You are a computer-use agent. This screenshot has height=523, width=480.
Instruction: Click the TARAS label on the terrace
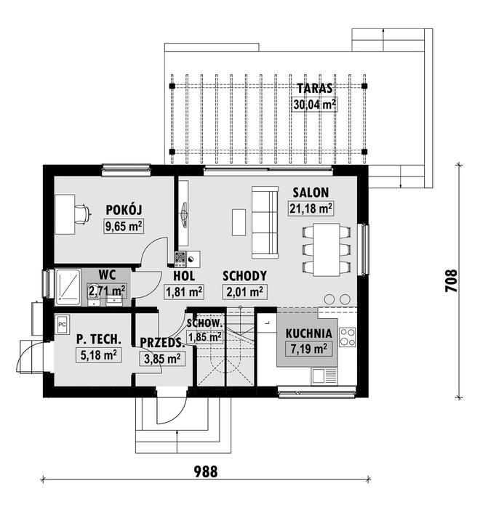click(314, 88)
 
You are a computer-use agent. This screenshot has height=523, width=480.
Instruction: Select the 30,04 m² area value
click(314, 104)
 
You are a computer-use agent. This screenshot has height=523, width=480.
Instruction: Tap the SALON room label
click(311, 192)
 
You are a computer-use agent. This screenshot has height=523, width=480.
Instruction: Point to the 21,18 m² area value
click(311, 209)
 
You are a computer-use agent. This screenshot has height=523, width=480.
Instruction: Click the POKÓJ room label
click(123, 210)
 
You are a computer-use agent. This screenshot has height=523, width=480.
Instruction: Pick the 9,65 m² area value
click(123, 227)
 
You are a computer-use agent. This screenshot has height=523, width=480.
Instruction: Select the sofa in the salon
click(265, 222)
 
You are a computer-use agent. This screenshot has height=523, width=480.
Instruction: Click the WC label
click(108, 275)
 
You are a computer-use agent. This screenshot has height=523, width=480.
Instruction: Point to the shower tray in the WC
click(68, 285)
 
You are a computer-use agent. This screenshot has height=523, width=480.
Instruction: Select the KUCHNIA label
click(309, 333)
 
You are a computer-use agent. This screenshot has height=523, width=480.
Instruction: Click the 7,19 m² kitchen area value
click(309, 349)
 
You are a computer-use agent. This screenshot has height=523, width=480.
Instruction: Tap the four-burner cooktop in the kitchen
click(348, 336)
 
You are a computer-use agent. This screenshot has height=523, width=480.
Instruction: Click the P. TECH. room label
click(97, 338)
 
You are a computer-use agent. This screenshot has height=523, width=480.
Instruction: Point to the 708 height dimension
click(450, 280)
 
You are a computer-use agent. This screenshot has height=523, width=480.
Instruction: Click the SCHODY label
click(244, 276)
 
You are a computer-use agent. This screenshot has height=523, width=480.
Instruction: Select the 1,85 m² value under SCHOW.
click(204, 337)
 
